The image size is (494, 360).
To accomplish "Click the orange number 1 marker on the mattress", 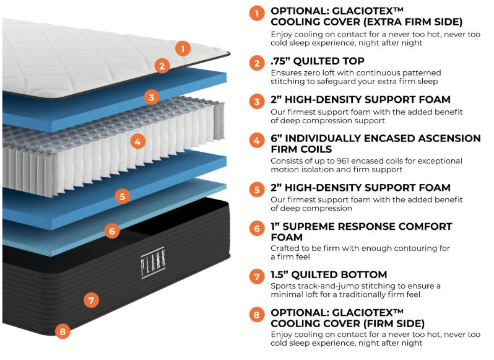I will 182,48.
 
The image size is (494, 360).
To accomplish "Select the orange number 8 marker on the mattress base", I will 62,331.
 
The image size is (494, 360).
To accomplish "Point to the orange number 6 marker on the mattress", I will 111,231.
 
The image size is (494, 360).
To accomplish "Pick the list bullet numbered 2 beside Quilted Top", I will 257,63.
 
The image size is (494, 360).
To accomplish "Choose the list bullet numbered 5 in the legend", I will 257,188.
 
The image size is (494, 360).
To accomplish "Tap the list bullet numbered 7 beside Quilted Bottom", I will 257,275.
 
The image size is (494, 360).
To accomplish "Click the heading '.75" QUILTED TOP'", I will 318,61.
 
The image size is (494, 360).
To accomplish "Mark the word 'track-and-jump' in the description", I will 327,286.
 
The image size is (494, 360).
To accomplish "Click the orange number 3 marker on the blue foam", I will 152,97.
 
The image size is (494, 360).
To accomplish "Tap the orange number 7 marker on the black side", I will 90,301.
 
